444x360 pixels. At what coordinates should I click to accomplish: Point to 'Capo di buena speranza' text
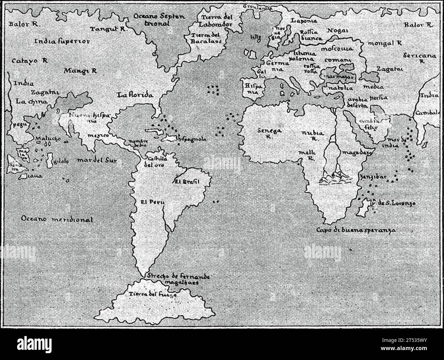pyautogui.click(x=356, y=230)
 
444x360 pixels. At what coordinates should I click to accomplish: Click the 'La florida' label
pyautogui.click(x=135, y=95)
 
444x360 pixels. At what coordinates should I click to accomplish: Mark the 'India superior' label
pyautogui.click(x=63, y=42)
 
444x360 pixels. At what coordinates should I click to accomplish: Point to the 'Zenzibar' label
pyautogui.click(x=372, y=177)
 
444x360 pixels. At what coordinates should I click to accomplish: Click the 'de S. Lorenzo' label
pyautogui.click(x=397, y=203)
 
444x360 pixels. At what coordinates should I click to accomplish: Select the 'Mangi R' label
pyautogui.click(x=80, y=71)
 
